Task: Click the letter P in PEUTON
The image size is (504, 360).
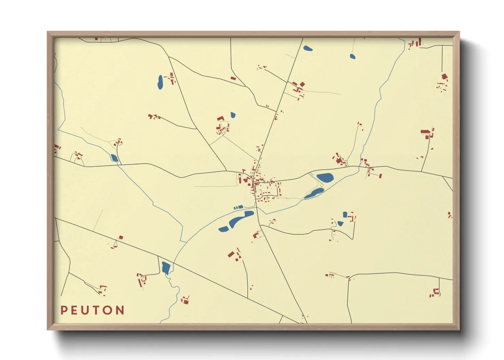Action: (64, 310)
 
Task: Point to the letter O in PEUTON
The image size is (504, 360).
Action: (108, 310)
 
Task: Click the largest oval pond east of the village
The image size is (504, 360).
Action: (325, 177)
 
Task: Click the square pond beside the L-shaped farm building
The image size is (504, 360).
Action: (345, 214)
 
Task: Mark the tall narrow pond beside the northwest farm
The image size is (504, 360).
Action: (160, 82)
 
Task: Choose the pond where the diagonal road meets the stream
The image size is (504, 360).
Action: (166, 267)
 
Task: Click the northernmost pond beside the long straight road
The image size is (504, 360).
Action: (308, 48)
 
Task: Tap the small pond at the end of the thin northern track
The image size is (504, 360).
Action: (352, 56)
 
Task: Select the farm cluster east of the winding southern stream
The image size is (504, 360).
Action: (185, 300)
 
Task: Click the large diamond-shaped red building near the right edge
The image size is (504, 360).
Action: (444, 77)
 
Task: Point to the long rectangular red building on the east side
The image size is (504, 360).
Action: (425, 132)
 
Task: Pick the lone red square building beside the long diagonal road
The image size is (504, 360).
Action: (121, 238)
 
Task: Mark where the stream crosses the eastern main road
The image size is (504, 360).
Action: (359, 167)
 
